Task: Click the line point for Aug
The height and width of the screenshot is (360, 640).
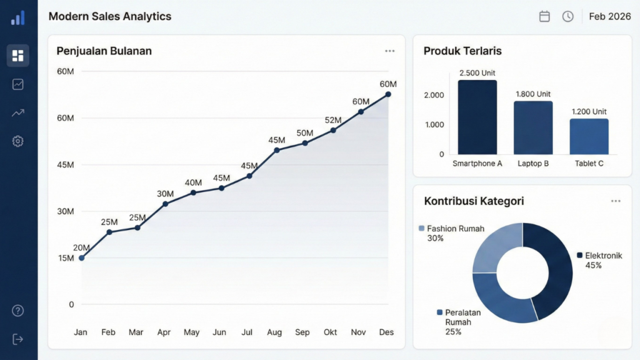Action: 277,150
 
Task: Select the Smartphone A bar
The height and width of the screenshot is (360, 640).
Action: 477,117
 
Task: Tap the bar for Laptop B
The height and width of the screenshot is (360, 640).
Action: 533,127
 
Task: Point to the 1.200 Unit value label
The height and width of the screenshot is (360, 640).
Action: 589,112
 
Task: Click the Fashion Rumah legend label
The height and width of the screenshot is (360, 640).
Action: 456,229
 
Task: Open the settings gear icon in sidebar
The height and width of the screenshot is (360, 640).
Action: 18,141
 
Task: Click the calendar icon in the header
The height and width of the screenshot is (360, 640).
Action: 544,17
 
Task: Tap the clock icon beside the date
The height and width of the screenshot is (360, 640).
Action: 567,17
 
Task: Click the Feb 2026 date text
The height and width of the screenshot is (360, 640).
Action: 609,17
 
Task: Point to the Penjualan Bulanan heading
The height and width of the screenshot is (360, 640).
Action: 104,51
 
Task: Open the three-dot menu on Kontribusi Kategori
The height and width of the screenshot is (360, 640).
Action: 616,201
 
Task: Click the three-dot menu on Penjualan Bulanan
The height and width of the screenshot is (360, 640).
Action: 390,51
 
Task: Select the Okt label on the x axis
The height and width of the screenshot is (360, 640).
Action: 331,332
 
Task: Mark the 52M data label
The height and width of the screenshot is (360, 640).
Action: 333,120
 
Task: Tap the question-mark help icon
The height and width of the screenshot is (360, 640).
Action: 18,311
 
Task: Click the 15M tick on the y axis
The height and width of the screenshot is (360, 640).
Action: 66,258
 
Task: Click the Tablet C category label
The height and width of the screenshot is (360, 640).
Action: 589,164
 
